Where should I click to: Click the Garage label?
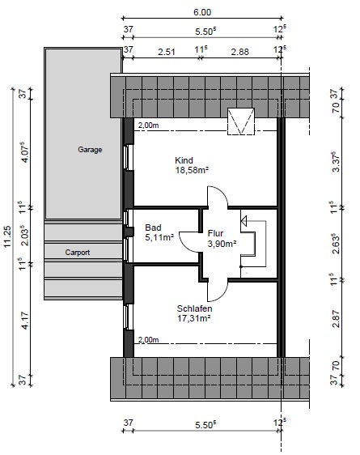90,150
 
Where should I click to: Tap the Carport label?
78,253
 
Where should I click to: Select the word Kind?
184,160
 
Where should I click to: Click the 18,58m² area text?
192,170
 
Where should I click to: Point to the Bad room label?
153,227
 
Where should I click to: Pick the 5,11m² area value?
159,238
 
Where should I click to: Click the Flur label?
215,233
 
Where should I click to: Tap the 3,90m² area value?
222,244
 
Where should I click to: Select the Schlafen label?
194,308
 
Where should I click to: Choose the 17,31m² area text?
193,318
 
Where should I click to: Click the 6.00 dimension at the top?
202,12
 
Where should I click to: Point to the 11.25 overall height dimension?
7,236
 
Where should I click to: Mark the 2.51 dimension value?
167,52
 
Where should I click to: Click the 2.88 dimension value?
239,52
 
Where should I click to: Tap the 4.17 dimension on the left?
25,321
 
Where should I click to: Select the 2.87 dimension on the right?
336,319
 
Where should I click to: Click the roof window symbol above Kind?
241,121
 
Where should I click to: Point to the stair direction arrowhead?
244,221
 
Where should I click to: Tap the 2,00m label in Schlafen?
148,339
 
